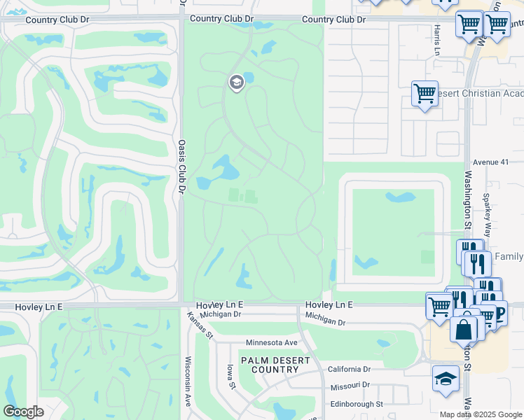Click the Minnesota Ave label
point(272,343)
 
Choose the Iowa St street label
point(229,378)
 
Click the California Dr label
point(348,369)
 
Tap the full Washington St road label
point(467,210)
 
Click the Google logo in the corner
point(23,412)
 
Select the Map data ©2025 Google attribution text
point(481,414)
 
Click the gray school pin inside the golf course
point(236,83)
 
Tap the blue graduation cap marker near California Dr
point(446,379)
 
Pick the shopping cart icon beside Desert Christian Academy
point(425,93)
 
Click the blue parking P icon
point(499,313)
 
